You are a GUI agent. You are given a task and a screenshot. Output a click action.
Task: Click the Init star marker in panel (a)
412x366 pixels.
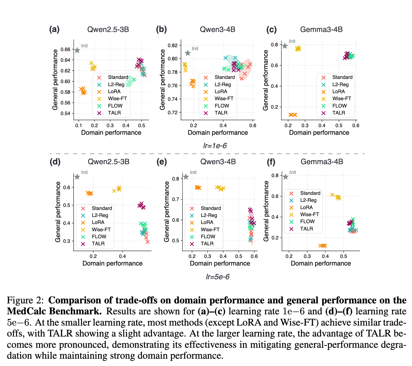77,51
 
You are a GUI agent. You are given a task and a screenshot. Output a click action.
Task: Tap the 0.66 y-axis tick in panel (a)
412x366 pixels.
66,49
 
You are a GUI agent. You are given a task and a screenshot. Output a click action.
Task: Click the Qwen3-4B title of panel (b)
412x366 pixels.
217,29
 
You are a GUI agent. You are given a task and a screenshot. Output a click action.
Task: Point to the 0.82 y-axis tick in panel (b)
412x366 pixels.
172,45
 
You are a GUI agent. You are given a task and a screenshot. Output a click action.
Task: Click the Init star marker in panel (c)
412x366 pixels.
285,46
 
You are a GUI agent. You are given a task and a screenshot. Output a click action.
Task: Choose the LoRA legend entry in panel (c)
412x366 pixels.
339,91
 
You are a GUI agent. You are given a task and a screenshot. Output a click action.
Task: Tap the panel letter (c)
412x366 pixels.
271,29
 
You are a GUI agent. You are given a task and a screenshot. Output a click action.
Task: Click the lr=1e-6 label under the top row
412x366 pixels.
215,146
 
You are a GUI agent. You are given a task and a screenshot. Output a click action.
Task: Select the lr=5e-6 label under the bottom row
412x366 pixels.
218,277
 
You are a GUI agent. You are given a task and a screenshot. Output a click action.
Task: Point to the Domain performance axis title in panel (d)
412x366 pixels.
112,263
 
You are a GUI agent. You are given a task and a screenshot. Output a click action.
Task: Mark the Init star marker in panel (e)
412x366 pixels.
186,177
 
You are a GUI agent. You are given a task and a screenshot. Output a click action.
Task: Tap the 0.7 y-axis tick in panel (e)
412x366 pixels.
176,199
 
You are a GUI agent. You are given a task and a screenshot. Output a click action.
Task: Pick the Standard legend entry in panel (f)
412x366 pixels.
310,193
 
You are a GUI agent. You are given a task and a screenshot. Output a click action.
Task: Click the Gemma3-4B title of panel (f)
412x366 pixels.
322,162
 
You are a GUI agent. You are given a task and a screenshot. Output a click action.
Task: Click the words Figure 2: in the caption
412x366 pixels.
26,300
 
